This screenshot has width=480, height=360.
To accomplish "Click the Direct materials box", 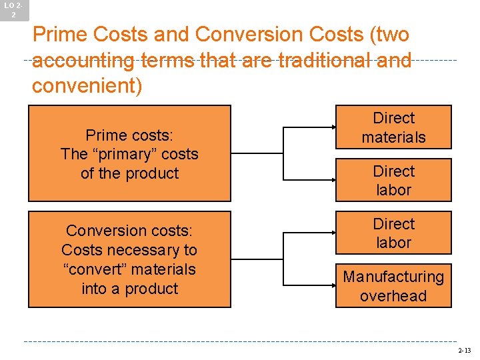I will tap(393, 127).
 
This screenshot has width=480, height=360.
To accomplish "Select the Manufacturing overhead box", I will tap(393, 286).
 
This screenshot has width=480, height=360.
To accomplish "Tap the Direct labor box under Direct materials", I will tap(393, 180).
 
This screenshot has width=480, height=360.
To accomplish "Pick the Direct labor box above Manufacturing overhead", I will tap(393, 233).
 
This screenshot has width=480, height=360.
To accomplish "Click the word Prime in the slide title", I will tap(57, 34).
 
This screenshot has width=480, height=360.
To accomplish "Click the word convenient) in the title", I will tap(87, 86).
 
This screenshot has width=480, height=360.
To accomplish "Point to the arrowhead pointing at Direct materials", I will tap(331, 127).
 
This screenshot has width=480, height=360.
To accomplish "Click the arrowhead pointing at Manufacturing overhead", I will tap(331, 286).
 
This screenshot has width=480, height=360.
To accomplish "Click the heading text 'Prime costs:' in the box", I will tap(129, 135).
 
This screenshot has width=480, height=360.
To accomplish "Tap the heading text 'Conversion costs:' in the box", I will tap(129, 231).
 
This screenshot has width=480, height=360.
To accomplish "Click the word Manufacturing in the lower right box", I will tap(393, 277).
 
